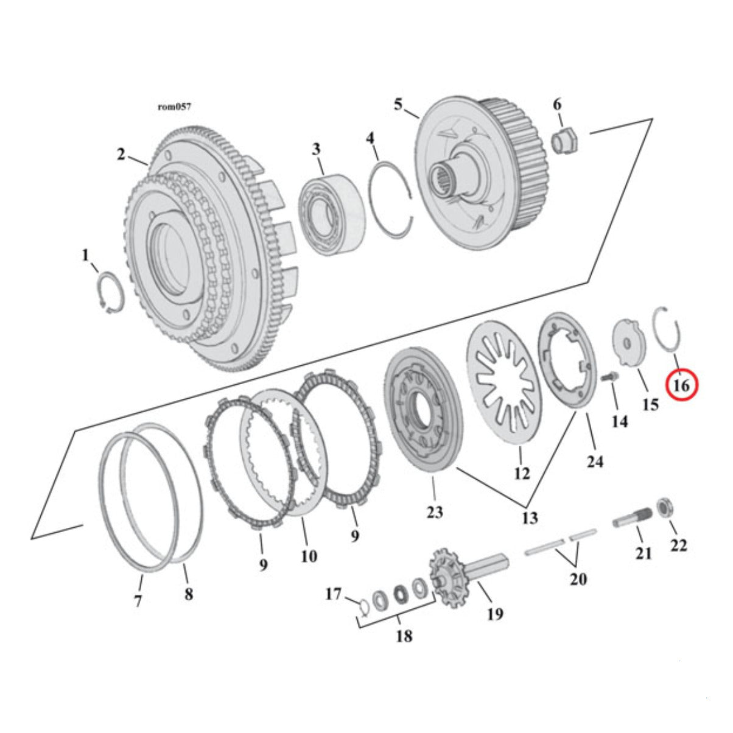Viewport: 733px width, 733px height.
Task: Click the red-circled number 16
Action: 681,386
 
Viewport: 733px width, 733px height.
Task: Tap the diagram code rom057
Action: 175,107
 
